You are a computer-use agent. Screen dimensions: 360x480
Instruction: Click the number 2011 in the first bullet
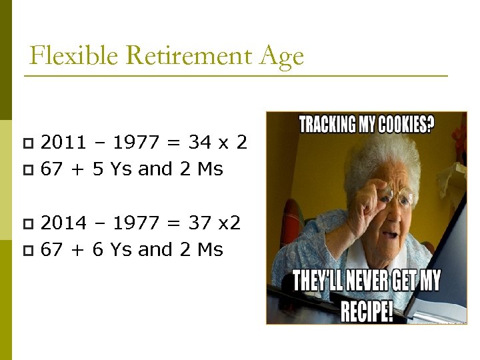click(x=63, y=142)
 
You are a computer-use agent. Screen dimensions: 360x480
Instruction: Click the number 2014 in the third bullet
click(x=63, y=223)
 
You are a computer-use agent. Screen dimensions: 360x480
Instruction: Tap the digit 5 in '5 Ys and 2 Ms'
click(x=98, y=169)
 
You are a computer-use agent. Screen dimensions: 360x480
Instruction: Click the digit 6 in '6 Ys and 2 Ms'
click(x=98, y=250)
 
